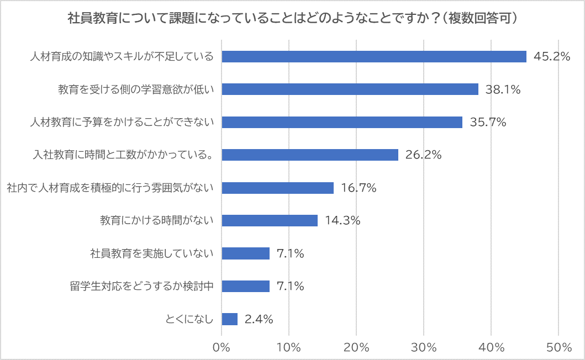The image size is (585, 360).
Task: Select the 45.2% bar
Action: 374,56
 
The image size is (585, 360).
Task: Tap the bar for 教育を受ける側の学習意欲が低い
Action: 350,89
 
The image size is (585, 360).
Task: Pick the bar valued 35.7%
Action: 342,122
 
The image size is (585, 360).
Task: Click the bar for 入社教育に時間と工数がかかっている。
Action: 310,155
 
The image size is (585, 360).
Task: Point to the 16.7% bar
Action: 278,188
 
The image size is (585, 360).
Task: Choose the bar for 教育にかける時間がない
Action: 270,220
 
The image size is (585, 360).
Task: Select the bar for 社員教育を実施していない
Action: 246,253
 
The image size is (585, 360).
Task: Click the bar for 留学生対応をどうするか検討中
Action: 246,286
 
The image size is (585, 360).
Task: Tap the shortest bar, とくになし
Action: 230,319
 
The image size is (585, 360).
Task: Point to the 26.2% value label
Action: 423,155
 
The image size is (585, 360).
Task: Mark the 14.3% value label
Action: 342,221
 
